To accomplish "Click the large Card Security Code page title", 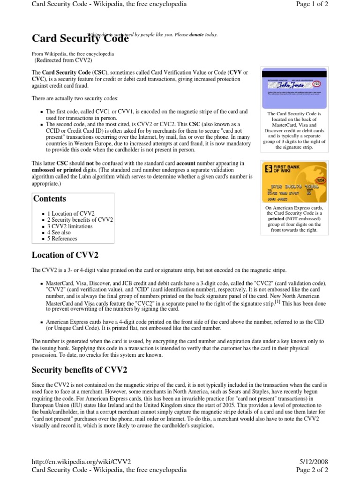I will coord(80,39).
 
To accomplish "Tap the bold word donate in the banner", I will coord(196,35).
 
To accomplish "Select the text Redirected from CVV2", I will coord(63,60).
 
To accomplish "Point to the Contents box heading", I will coord(49,199).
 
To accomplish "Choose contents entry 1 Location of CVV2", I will coord(71,214).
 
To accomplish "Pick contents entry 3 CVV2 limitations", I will coord(70,226).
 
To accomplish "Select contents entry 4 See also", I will coord(59,232).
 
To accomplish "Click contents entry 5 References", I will coord(62,239).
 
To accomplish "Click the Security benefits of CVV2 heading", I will coord(79,370).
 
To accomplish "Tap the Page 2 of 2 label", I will coord(312,470).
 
